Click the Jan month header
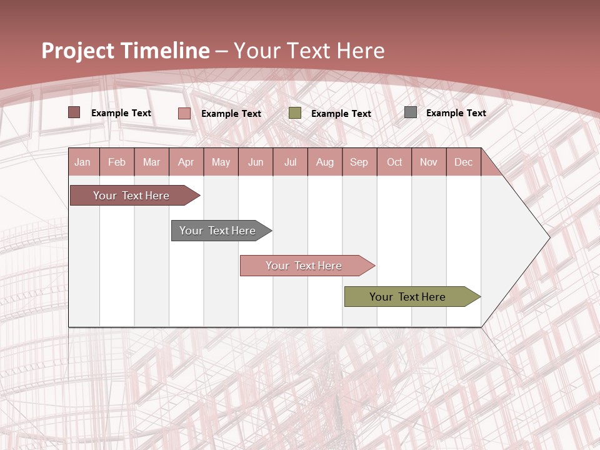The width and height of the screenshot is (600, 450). pos(82,162)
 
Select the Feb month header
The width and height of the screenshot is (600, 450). pos(117,162)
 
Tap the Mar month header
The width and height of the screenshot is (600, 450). pos(151,162)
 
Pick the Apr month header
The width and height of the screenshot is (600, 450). pos(186,162)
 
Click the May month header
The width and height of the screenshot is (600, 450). pos(221,162)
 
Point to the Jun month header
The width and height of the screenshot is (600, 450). pos(256,162)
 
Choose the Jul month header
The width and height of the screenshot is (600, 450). pos(290,162)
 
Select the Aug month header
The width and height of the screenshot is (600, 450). pos(324,162)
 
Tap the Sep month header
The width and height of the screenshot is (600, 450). pos(359,162)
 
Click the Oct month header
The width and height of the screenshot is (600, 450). pos(394,162)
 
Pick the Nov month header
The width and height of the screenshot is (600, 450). pos(428,162)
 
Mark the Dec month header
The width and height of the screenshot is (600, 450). pos(463,162)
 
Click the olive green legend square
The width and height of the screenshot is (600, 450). pos(295,113)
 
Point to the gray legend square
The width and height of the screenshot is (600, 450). pos(411,112)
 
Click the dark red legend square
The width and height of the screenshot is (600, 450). pos(74,112)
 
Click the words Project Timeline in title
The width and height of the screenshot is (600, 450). pos(126,51)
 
